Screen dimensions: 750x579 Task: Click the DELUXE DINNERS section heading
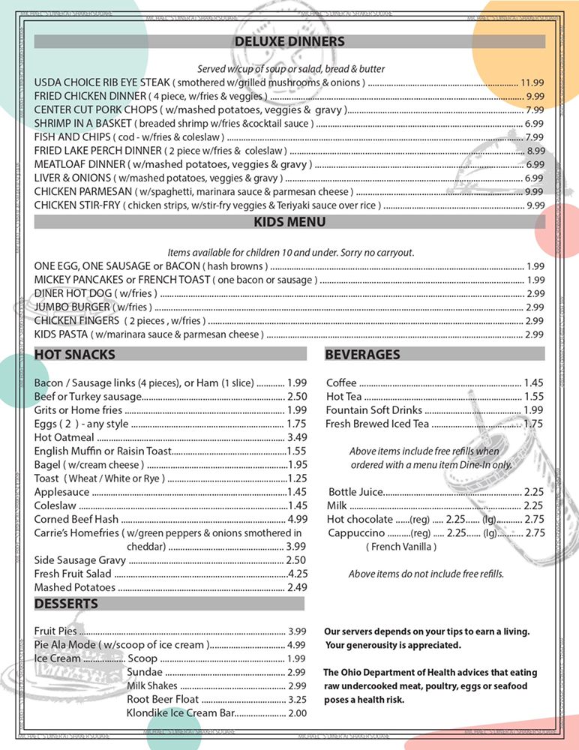289,42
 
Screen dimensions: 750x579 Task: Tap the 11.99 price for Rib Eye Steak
532,82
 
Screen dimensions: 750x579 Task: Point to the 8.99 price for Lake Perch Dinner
535,150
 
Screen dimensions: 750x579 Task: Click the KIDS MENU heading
289,222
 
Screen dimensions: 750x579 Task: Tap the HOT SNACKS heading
75,354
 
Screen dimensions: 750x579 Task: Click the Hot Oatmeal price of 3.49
297,437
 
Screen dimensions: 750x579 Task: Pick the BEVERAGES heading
363,354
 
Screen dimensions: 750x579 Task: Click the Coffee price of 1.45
533,382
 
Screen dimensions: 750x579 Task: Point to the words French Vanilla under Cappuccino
401,547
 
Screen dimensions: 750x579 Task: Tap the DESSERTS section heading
66,604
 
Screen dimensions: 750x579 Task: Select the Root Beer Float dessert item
163,699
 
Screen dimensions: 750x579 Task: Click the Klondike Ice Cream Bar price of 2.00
297,713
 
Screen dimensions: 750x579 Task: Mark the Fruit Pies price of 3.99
297,631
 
